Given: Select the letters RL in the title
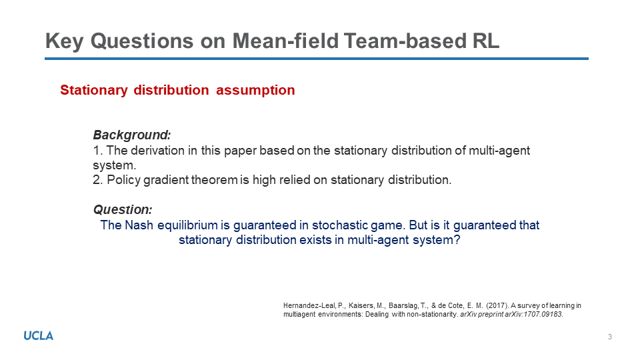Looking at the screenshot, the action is click(x=486, y=41).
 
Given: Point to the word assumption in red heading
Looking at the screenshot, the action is click(x=255, y=90).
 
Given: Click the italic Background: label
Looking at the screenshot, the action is click(x=132, y=135).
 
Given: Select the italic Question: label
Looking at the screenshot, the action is click(x=123, y=209).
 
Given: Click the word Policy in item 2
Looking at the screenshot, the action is click(x=124, y=180).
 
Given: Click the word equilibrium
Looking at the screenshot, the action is click(x=187, y=225).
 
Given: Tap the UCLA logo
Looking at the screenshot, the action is click(x=39, y=336).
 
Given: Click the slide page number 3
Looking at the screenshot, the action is click(x=610, y=337).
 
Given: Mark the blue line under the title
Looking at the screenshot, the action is click(x=317, y=59).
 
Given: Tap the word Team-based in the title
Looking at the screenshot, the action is click(x=405, y=41).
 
